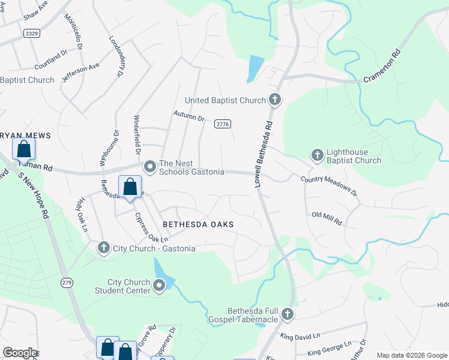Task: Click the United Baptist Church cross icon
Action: [275, 100]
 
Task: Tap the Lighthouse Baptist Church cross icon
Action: [318, 155]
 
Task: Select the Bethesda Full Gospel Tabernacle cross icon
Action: [288, 314]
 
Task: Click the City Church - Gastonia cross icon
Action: [103, 247]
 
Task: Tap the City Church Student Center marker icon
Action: [159, 286]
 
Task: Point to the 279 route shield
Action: [67, 282]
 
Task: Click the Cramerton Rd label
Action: [382, 71]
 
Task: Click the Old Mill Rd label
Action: [327, 218]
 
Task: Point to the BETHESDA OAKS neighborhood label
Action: [197, 224]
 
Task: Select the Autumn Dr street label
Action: [189, 115]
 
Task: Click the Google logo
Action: [20, 353]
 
